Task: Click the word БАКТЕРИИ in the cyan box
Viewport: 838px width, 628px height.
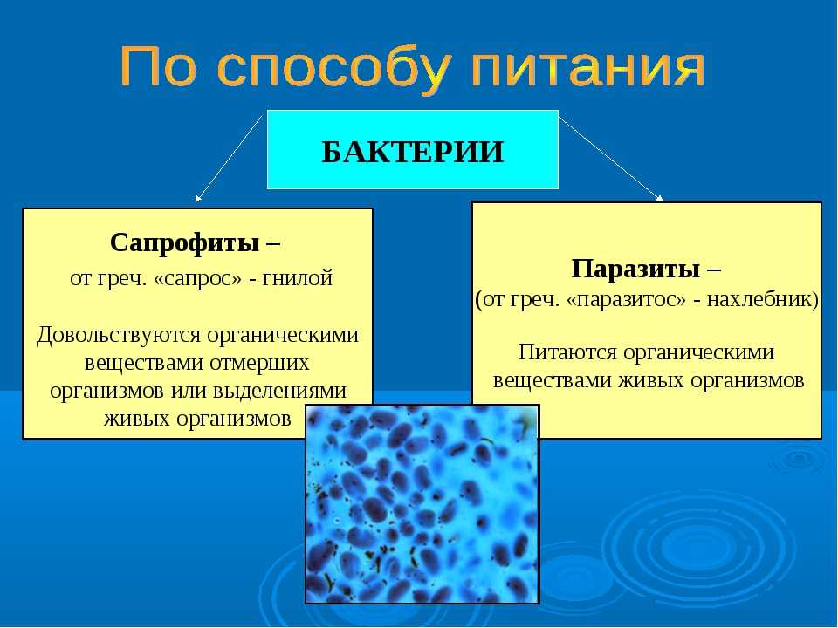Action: (413, 152)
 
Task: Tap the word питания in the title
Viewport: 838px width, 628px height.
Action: (588, 68)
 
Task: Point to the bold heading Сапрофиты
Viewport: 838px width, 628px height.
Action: (185, 243)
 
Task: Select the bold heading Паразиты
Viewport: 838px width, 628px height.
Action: (635, 269)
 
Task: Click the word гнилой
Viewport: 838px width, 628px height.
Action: (298, 278)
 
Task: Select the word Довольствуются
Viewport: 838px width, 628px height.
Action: (120, 336)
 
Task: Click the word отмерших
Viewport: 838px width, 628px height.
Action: (259, 363)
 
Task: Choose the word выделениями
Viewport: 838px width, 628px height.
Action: (279, 391)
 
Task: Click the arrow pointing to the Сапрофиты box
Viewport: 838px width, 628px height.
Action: (230, 158)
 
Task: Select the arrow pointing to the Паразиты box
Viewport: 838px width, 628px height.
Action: (611, 159)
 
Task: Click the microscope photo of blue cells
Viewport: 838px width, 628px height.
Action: (422, 504)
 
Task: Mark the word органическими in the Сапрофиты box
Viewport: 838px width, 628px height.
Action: (283, 335)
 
